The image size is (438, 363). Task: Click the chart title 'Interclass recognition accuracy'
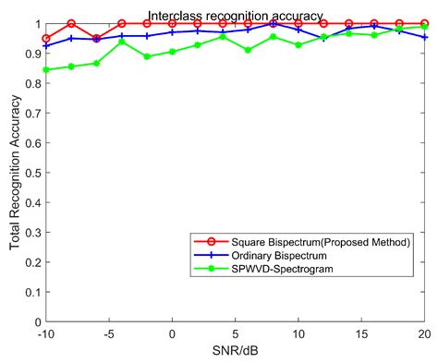[236, 15]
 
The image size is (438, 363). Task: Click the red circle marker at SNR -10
[46, 39]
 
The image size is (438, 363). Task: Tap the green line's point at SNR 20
[423, 27]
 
